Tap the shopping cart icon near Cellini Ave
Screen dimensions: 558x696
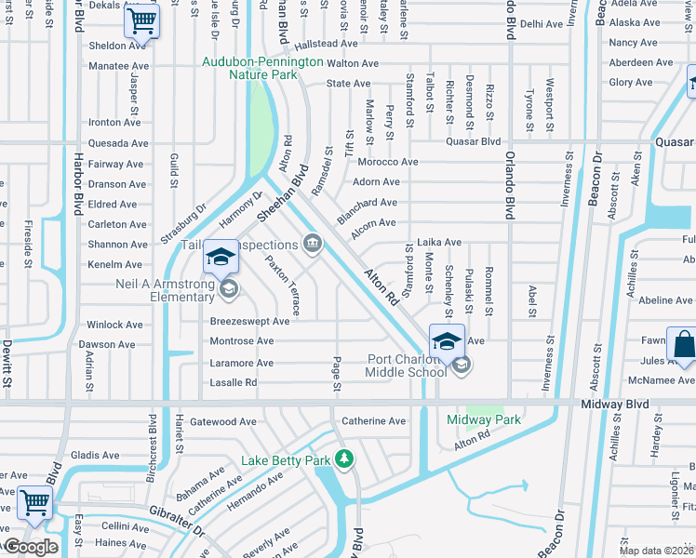[x=35, y=502]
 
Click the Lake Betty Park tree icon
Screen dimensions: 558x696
[x=344, y=459]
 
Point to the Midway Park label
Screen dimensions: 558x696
[x=484, y=420]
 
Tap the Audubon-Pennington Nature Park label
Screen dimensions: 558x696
[x=263, y=69]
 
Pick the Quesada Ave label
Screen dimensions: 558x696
[x=118, y=143]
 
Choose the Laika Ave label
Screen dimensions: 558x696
[x=439, y=243]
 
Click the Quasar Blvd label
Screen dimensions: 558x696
[x=474, y=142]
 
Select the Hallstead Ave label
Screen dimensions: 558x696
[x=326, y=44]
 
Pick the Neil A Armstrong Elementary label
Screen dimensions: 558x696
[x=165, y=290]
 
